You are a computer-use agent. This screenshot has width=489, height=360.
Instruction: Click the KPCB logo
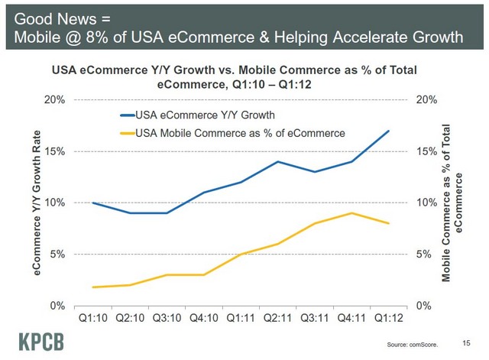[x=39, y=340]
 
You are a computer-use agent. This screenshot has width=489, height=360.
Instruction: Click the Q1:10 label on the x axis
[x=92, y=316]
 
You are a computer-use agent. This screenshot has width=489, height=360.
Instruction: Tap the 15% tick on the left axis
[x=61, y=151]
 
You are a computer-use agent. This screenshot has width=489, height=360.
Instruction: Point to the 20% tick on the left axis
[x=61, y=100]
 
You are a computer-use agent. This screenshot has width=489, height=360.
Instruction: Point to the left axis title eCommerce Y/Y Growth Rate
[x=36, y=203]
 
